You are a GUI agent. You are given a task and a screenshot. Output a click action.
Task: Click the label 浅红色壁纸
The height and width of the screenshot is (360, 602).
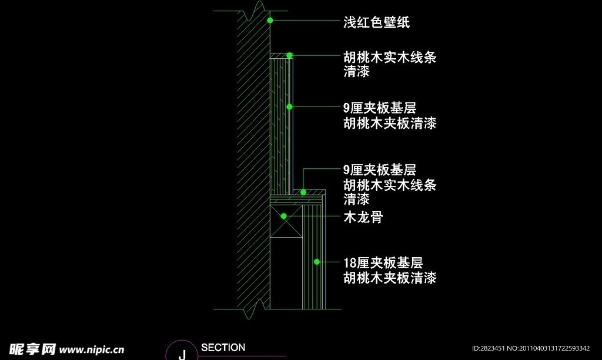(376, 23)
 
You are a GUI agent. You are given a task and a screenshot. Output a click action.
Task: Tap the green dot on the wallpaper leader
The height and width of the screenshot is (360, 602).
(270, 21)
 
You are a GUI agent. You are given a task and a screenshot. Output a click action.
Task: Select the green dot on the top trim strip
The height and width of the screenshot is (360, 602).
(289, 55)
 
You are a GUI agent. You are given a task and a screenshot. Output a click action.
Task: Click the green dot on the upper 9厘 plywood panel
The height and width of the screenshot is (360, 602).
(289, 106)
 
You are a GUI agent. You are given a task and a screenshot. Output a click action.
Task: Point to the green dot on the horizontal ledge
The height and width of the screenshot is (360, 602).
(303, 192)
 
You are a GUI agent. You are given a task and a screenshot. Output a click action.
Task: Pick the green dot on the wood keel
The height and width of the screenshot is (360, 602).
(283, 216)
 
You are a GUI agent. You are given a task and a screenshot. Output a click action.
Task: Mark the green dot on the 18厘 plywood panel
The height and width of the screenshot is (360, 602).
(316, 261)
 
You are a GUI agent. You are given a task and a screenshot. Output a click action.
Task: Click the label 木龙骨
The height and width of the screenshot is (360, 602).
(363, 217)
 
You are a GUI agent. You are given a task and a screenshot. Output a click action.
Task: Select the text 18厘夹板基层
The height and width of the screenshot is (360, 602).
(383, 263)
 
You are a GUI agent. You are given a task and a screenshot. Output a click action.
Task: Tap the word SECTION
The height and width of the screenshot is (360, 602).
(223, 348)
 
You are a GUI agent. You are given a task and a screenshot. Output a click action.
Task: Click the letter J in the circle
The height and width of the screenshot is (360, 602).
(182, 354)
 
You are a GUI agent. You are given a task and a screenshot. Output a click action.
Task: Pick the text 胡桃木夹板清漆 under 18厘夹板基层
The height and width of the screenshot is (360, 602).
(390, 278)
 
